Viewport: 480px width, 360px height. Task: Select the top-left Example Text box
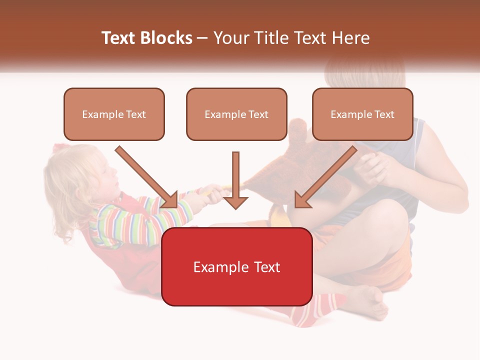(x=114, y=114)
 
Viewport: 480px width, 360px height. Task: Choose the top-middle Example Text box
(x=236, y=114)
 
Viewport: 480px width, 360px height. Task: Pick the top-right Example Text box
(x=362, y=114)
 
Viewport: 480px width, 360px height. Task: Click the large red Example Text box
(x=236, y=266)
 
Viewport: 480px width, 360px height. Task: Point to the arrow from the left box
(x=147, y=177)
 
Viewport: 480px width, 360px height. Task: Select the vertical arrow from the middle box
(x=235, y=180)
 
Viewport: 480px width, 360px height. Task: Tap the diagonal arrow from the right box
(x=325, y=177)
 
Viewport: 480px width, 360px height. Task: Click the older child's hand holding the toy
(x=372, y=167)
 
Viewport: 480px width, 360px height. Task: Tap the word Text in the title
(x=120, y=38)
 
